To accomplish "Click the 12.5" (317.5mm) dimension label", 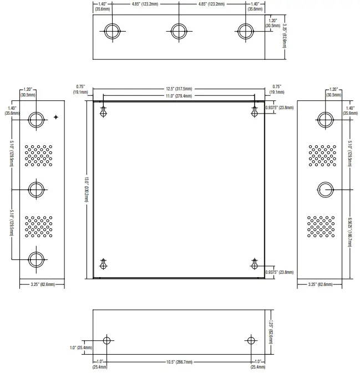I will point(179,88).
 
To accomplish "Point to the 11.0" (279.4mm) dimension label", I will point(179,96).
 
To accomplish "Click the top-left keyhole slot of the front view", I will point(103,112).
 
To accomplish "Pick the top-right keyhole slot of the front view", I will point(255,112).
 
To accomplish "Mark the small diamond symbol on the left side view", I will point(57,117).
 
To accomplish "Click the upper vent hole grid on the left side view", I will point(38,155).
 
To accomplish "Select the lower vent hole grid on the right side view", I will point(322,226).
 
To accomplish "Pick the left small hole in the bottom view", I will point(108,340).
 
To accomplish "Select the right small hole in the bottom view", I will point(250,340).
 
